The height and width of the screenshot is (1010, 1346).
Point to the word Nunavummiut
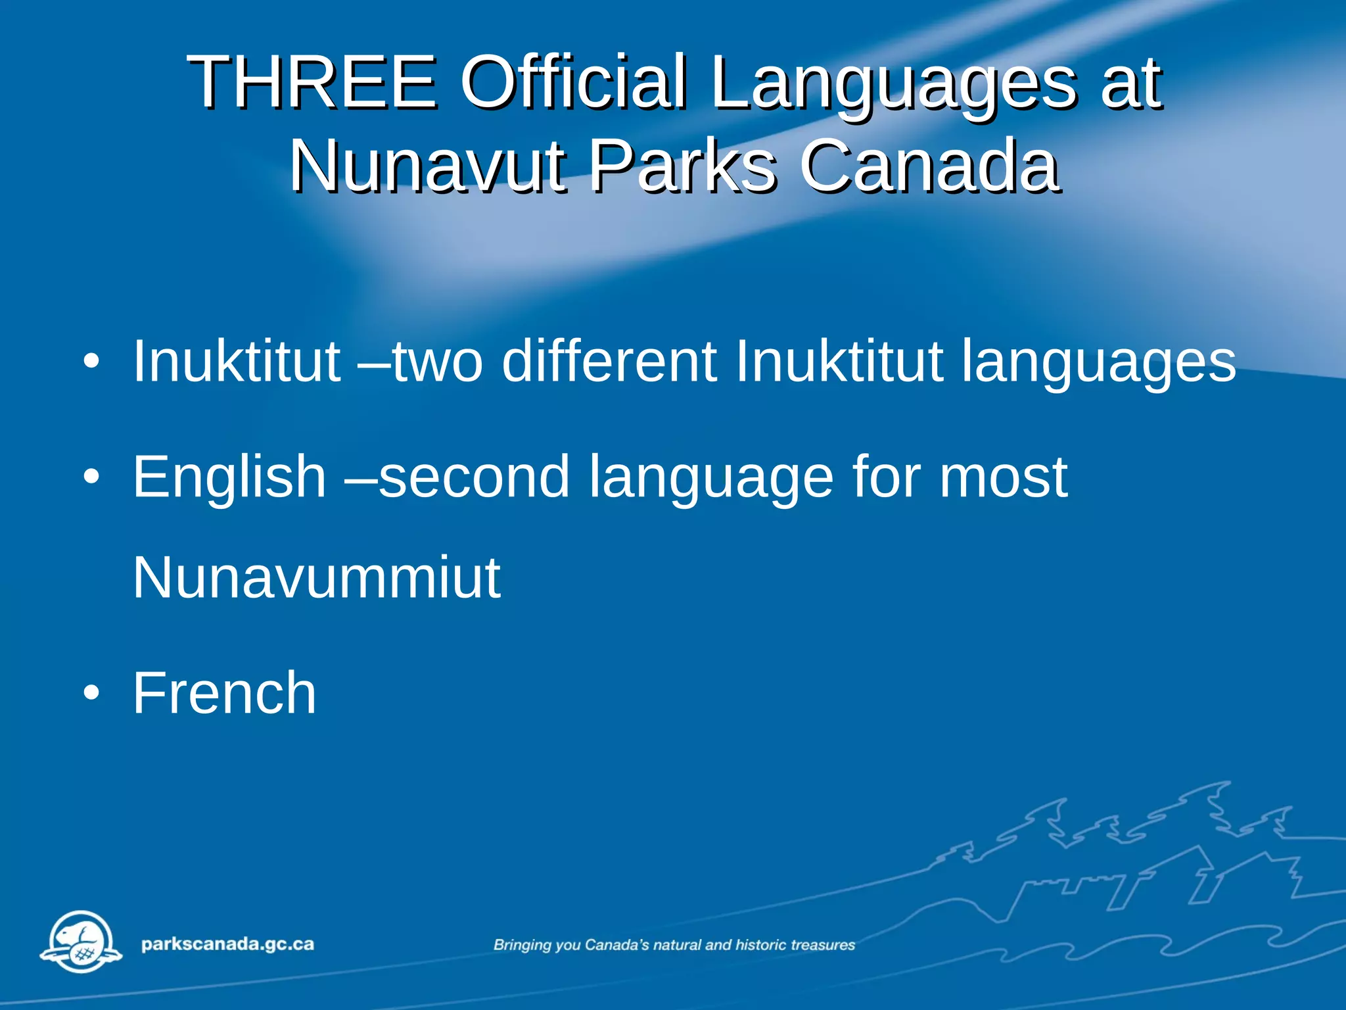316,577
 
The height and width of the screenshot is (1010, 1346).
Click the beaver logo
81,942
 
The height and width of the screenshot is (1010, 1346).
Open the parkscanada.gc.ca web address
227,944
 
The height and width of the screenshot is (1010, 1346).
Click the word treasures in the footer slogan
823,945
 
